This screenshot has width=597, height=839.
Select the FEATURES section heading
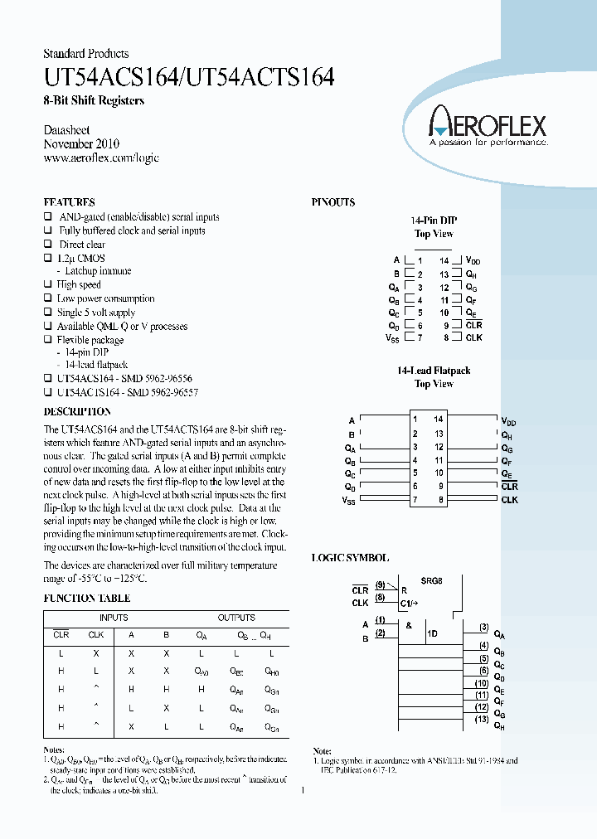(x=69, y=202)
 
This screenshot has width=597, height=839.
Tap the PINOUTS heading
(x=333, y=202)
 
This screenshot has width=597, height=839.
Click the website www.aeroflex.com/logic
(x=100, y=158)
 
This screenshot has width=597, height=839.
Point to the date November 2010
(x=82, y=144)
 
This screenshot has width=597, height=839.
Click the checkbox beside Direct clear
(x=48, y=245)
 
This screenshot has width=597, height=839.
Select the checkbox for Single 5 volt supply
(x=48, y=313)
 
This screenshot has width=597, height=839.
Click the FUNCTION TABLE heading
(x=86, y=598)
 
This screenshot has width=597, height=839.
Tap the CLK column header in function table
(x=96, y=635)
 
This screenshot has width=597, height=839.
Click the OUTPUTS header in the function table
(x=236, y=618)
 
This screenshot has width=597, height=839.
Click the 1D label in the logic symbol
(x=432, y=633)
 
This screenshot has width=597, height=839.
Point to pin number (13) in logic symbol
(x=482, y=719)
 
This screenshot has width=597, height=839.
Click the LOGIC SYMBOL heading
(x=350, y=559)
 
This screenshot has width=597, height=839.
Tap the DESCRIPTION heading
(x=76, y=411)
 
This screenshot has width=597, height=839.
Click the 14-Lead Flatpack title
(x=434, y=371)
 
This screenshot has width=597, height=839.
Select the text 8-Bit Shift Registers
(x=94, y=101)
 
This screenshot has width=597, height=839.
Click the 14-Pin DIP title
(x=434, y=221)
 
